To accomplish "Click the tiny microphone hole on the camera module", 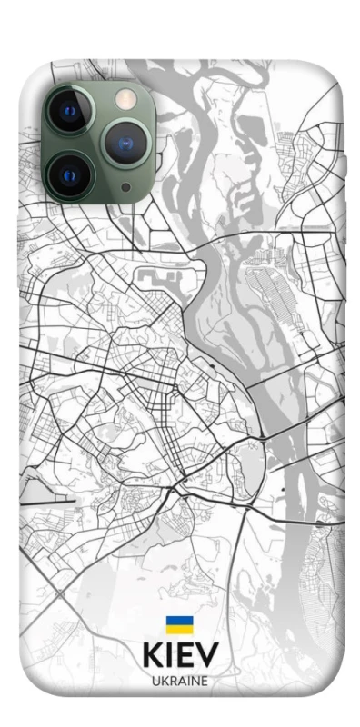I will click(x=125, y=188).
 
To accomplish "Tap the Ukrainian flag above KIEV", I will click(x=179, y=624).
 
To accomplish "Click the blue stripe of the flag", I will click(x=179, y=621).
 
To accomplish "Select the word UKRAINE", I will click(x=180, y=680).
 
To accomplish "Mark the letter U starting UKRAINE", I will click(x=155, y=680).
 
